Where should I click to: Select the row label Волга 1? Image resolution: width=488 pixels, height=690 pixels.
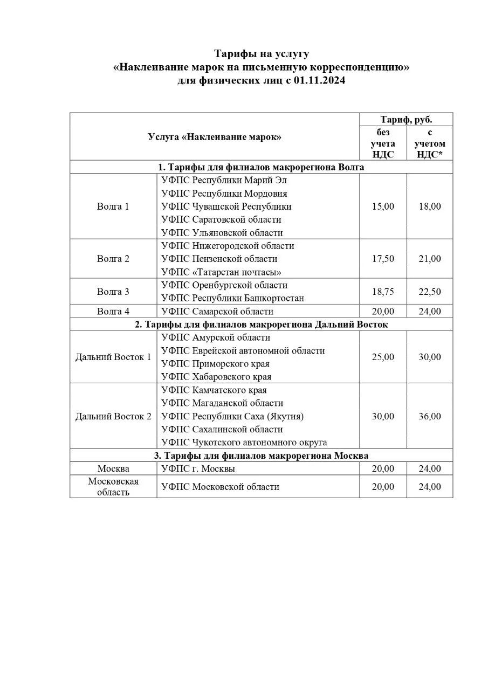(113, 206)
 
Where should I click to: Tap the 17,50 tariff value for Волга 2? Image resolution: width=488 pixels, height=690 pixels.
(383, 259)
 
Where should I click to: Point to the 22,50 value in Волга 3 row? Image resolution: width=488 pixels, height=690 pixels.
(430, 292)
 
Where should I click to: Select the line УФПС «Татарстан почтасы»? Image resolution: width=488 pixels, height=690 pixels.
(221, 272)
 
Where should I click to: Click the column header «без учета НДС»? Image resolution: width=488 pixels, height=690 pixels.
(383, 143)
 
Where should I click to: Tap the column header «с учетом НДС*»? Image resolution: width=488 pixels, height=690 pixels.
(430, 143)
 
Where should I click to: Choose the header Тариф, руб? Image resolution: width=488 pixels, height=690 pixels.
(406, 120)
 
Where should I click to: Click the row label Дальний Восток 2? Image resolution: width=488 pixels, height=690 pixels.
(113, 416)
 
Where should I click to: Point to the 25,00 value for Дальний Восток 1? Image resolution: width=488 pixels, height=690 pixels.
(383, 357)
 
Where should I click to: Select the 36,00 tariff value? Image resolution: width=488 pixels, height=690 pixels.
(430, 416)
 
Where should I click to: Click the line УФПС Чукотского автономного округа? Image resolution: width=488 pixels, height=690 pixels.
(244, 443)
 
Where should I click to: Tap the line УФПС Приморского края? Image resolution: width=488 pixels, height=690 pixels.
(215, 364)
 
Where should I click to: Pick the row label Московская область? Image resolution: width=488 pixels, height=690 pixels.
(113, 487)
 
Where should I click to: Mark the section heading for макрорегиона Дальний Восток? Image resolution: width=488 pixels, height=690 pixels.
(261, 325)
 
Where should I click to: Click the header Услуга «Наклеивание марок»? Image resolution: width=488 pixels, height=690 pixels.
(215, 137)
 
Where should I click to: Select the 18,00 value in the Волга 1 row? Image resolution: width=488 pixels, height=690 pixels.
(430, 206)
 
